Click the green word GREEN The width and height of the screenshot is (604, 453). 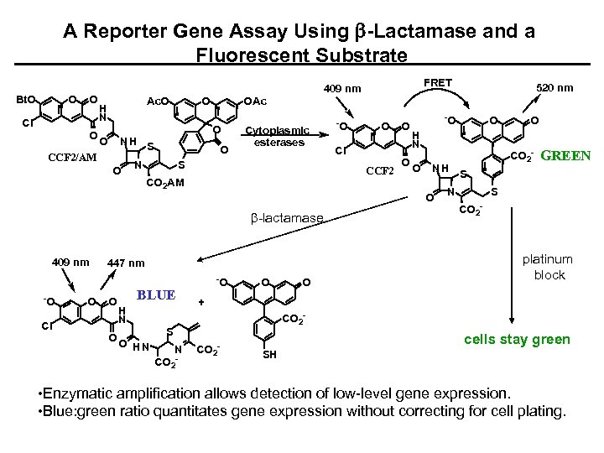(567, 155)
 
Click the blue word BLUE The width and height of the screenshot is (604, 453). (156, 294)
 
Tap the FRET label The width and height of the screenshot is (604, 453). (439, 82)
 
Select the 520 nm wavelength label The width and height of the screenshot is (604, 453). (555, 87)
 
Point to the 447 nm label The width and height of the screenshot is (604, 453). (125, 263)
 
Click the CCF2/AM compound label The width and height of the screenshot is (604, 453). (72, 157)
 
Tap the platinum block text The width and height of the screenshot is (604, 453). (549, 267)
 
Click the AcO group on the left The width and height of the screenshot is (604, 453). (157, 102)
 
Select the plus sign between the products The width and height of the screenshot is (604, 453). (200, 300)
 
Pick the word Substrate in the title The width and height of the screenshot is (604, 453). (360, 55)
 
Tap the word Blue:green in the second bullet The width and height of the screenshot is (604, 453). (83, 410)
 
